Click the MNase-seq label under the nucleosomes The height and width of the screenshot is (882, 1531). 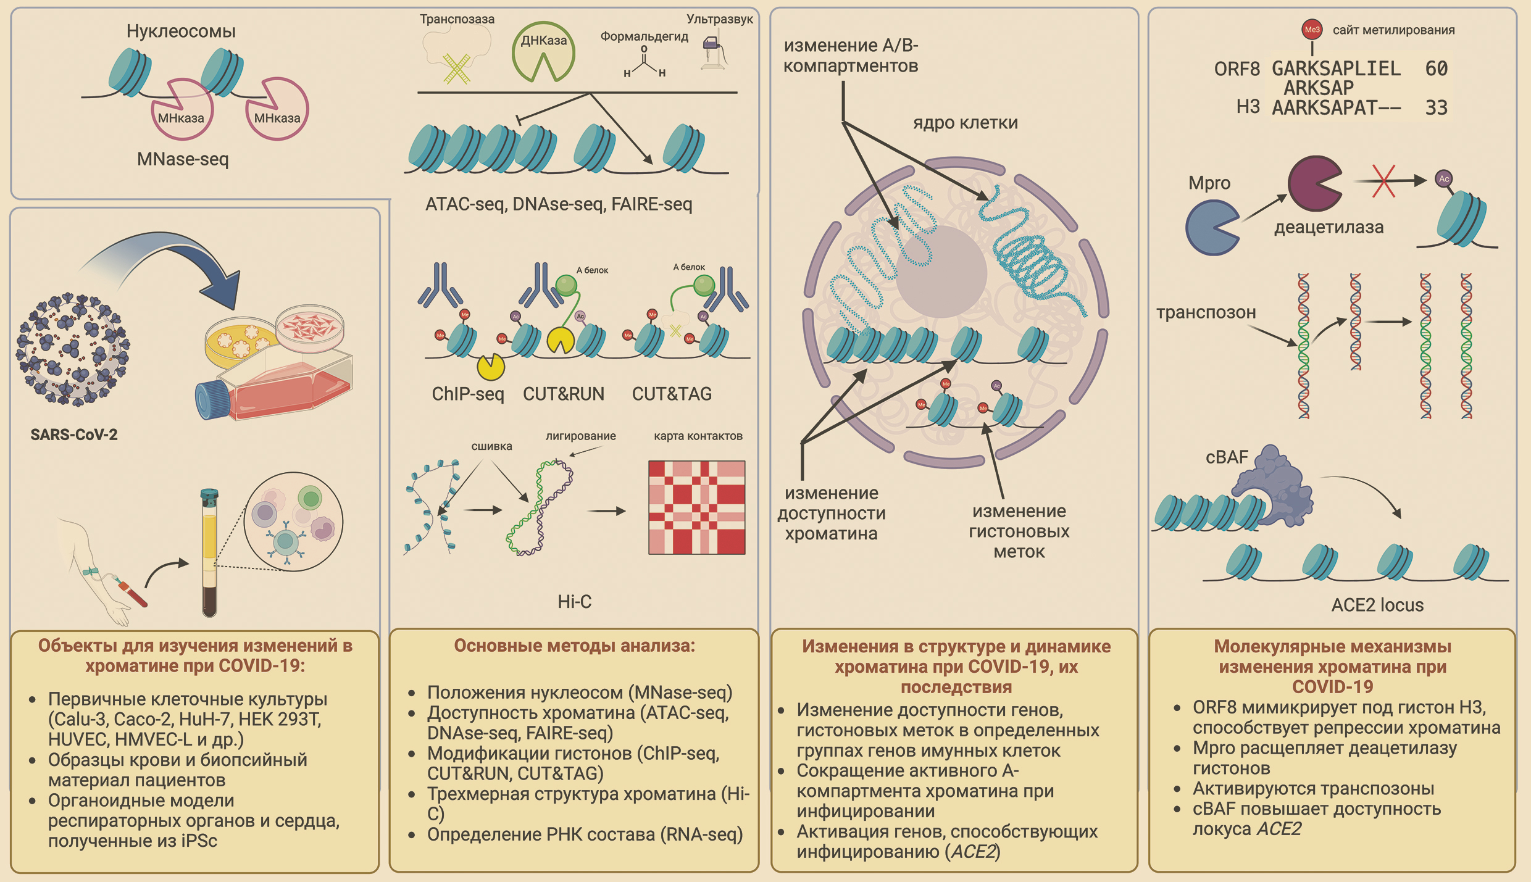click(x=183, y=159)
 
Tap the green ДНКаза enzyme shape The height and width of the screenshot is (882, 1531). click(x=543, y=52)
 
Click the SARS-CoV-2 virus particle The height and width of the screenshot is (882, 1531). click(x=73, y=349)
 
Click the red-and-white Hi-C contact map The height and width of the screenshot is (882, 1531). click(x=696, y=507)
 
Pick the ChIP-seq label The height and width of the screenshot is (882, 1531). click(x=468, y=394)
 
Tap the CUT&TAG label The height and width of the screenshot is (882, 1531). click(x=672, y=394)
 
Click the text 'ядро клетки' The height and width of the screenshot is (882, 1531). click(x=965, y=123)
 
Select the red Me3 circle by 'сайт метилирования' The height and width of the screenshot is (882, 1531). click(x=1311, y=30)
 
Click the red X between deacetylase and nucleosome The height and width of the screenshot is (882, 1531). click(x=1383, y=181)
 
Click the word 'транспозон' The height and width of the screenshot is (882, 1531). click(x=1206, y=312)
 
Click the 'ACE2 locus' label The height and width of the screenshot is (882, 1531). click(x=1377, y=605)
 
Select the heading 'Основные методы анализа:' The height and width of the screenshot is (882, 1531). click(x=574, y=646)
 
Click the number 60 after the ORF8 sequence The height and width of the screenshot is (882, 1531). click(x=1436, y=69)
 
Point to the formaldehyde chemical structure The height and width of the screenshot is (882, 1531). click(x=644, y=62)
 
